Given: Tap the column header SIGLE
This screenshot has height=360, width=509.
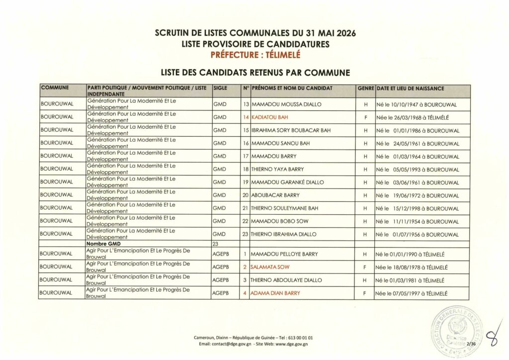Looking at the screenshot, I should (219, 88).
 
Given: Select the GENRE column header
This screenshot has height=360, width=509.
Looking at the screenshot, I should (365, 88).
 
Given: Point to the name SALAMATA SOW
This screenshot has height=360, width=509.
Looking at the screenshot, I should (270, 268).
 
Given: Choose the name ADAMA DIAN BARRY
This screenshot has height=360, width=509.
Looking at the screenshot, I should (276, 293).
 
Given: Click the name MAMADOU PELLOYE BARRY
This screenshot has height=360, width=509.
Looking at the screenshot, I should (285, 254).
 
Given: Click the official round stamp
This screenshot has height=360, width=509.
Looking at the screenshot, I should (455, 329).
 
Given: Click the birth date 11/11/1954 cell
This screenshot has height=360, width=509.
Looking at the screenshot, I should (418, 221).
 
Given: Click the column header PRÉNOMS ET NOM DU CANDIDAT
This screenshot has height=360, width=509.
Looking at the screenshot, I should (292, 88).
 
